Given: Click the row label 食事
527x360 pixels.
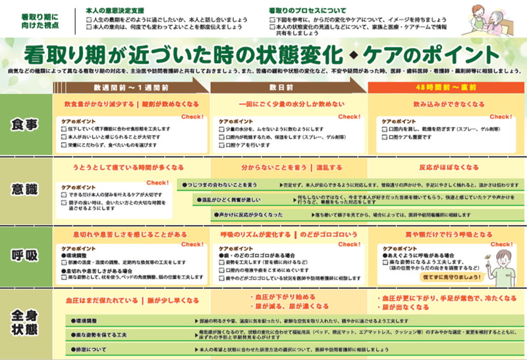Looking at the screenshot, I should click(x=25, y=124).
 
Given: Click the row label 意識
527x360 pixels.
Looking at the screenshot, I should click(x=25, y=189).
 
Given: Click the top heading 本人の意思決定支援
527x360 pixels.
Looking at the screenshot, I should click(x=119, y=11).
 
